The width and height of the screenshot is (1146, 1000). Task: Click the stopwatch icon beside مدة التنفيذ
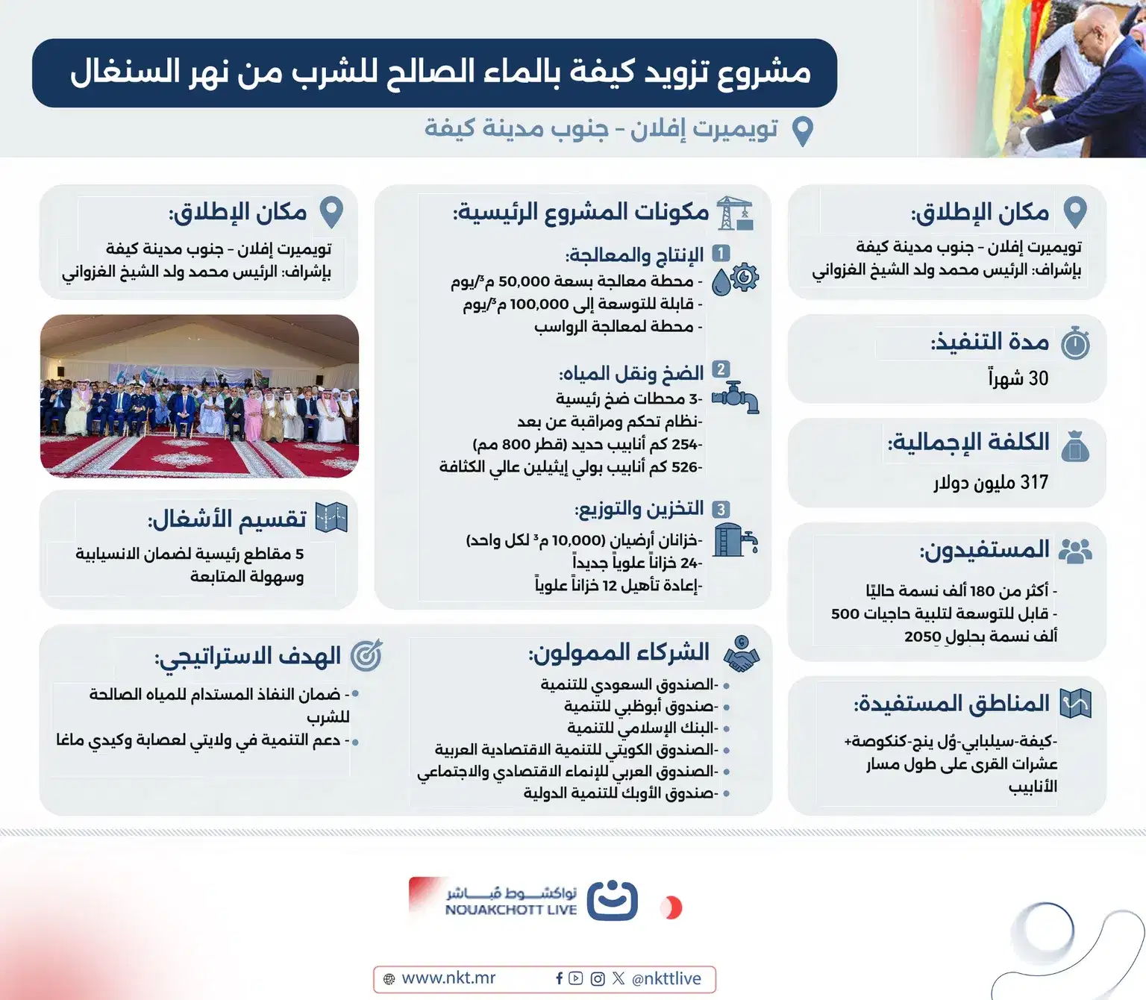[1075, 343]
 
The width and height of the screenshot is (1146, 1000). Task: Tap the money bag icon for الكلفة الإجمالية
[1075, 446]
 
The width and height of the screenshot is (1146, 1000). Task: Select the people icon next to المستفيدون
[1075, 551]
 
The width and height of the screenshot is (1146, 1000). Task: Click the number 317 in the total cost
[1034, 483]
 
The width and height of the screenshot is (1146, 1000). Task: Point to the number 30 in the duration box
[1038, 378]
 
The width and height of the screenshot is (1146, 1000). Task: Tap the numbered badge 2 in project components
[721, 369]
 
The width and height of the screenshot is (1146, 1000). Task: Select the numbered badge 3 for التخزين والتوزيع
[721, 510]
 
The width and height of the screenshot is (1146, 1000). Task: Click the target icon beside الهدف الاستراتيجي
[366, 654]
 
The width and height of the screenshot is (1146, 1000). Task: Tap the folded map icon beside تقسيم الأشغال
[331, 517]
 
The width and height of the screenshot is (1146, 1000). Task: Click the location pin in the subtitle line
[802, 131]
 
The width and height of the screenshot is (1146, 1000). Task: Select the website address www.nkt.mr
[448, 978]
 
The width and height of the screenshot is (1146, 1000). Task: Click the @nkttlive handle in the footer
[666, 978]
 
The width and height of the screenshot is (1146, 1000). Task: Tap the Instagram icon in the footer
[597, 978]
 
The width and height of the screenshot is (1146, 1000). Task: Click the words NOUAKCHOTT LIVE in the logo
[511, 910]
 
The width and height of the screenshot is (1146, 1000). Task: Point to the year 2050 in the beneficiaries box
[923, 637]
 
